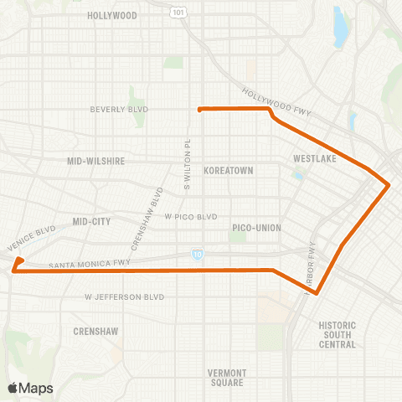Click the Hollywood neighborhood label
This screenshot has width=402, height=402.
point(111,16)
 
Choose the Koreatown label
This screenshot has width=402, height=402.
point(228,170)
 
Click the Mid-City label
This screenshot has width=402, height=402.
point(91,222)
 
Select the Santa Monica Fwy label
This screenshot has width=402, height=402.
point(90,265)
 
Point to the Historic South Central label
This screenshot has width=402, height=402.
point(338,334)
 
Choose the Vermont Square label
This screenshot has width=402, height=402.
point(226,377)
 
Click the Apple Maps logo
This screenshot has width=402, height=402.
point(30,388)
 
